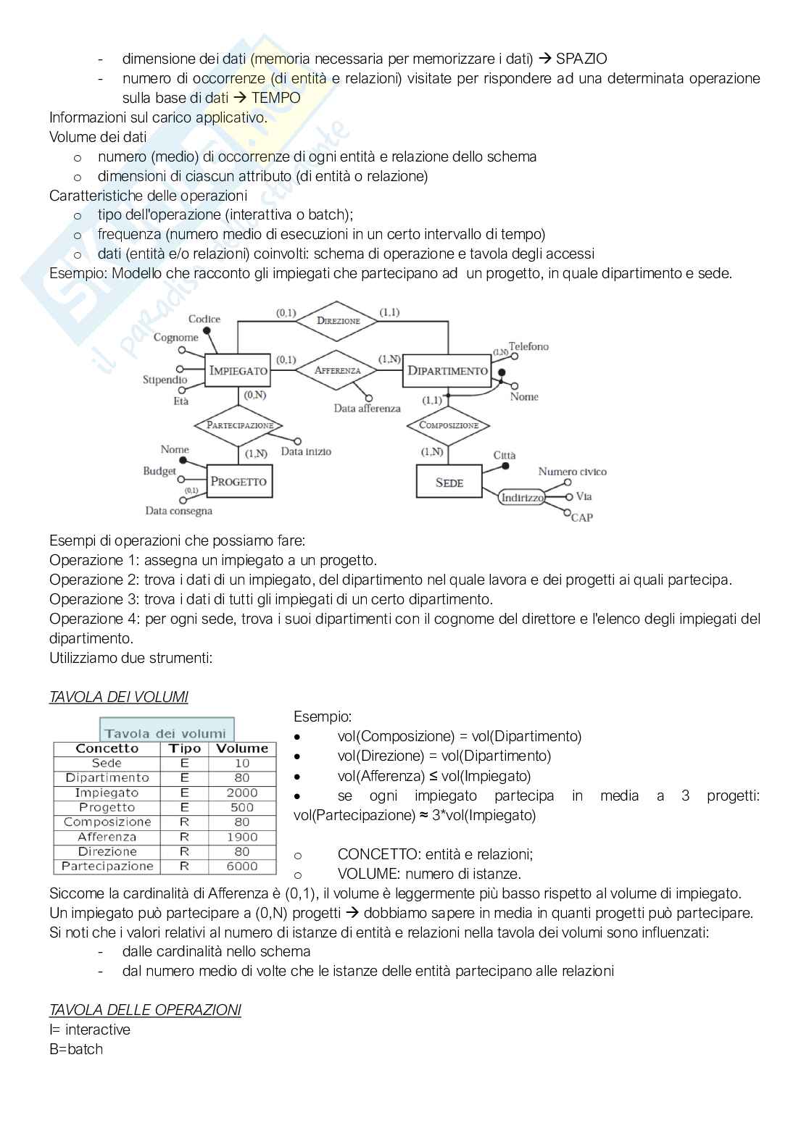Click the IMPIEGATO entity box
pos(238,370)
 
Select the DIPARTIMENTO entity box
pos(447,370)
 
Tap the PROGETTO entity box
pos(238,481)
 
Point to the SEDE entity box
pos(449,482)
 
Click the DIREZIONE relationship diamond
pos(338,320)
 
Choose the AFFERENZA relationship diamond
pos(336,370)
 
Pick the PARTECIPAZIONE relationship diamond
pos(239,425)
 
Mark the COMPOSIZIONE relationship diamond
pos(449,425)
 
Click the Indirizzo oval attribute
pos(522,497)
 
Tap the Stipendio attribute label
pos(165,380)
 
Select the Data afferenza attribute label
pos(367,409)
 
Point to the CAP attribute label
pos(582,517)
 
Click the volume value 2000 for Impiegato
pos(242,793)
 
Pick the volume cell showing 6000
pos(242,866)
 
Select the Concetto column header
pos(107,748)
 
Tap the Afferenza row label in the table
pos(107,837)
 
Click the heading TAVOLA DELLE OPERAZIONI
pos(145,1010)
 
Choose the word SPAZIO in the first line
pos(581,59)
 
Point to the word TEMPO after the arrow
pos(275,98)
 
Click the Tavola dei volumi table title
pos(166,732)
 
